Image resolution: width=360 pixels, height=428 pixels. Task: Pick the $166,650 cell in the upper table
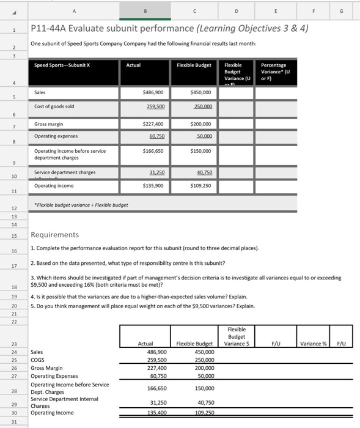[x=151, y=150]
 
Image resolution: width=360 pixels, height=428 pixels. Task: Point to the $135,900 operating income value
[x=151, y=185]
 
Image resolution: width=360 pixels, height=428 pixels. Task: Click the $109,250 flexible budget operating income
[x=200, y=185]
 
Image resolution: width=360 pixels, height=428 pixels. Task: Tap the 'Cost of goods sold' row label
[x=54, y=106]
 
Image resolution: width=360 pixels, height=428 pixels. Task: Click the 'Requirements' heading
[x=54, y=235]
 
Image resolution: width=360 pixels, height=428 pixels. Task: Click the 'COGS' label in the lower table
[x=38, y=360]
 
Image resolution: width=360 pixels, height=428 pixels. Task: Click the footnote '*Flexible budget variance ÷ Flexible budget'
[x=81, y=205]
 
